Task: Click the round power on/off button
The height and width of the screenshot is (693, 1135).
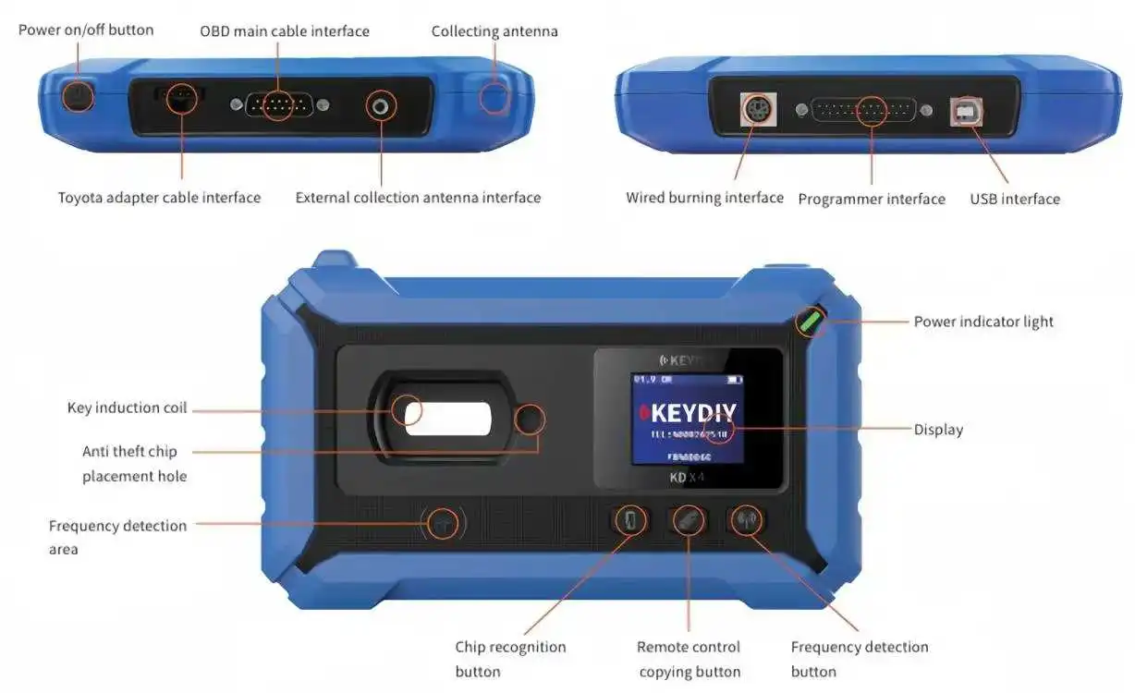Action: pyautogui.click(x=77, y=96)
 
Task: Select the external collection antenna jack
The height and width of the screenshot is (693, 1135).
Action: pyautogui.click(x=380, y=106)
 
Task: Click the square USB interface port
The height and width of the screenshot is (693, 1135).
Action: pyautogui.click(x=967, y=112)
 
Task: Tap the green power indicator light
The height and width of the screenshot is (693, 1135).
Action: pyautogui.click(x=812, y=322)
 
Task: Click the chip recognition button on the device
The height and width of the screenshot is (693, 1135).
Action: pyautogui.click(x=629, y=520)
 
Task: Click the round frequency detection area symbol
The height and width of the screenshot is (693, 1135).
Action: pyautogui.click(x=443, y=524)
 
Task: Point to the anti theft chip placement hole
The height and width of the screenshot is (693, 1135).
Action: pyautogui.click(x=530, y=419)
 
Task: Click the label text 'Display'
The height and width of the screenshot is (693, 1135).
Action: pyautogui.click(x=938, y=430)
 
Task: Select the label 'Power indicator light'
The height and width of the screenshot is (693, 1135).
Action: pyautogui.click(x=983, y=322)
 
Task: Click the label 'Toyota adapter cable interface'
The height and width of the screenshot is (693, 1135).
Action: pyautogui.click(x=159, y=198)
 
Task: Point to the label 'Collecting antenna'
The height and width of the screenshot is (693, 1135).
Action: pyautogui.click(x=494, y=31)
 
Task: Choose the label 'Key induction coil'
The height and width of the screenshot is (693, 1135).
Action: pyautogui.click(x=127, y=407)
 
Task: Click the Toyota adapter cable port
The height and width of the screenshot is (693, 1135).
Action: pyautogui.click(x=181, y=97)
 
